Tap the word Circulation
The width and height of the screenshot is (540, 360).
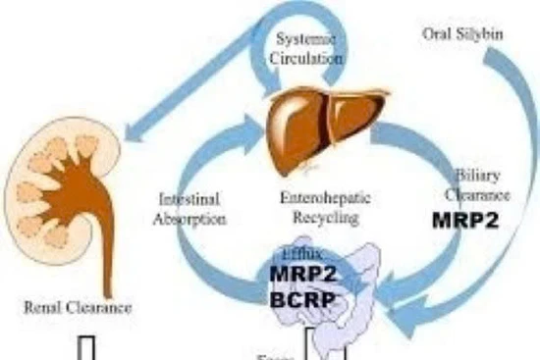click(306, 56)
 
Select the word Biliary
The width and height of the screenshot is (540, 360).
click(478, 176)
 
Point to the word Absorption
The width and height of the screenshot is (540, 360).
click(189, 219)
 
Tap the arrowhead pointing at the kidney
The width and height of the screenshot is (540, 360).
click(133, 132)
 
